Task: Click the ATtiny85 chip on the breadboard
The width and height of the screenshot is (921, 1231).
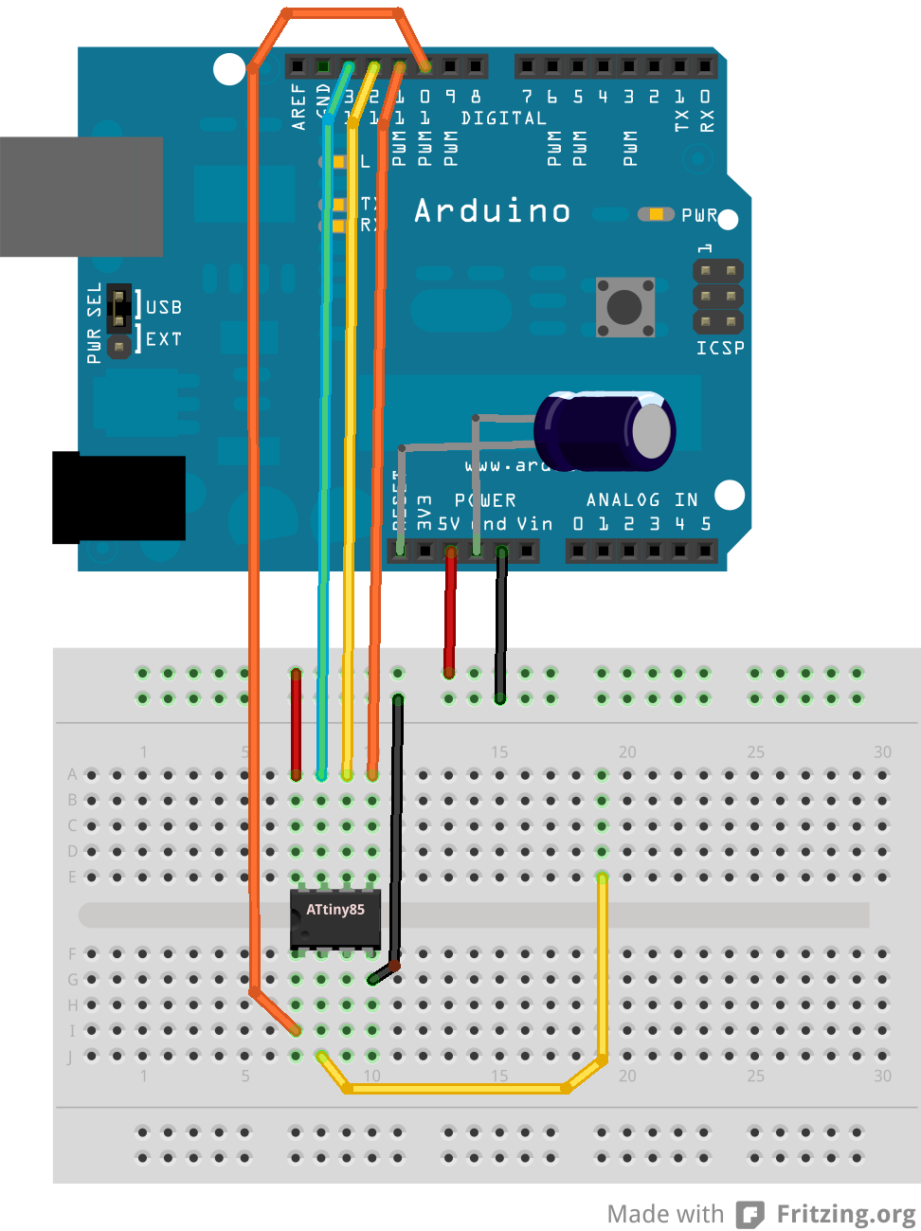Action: pos(335,917)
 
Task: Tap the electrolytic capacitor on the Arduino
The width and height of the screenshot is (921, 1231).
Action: pos(606,431)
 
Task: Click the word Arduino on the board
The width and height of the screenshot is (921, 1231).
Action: pos(493,210)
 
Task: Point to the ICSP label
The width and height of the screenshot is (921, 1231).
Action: pos(720,348)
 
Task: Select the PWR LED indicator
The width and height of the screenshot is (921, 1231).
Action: pos(655,214)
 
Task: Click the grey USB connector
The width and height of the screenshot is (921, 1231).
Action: pos(81,196)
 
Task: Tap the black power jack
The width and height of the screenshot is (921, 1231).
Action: pos(118,498)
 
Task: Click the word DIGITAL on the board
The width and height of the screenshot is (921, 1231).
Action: pos(503,118)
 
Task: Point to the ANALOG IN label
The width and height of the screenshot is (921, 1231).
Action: pos(641,499)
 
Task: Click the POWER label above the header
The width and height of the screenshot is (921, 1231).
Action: pos(485,499)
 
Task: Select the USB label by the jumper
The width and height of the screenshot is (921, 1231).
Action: pos(164,307)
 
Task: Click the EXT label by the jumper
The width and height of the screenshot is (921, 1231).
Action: pos(164,338)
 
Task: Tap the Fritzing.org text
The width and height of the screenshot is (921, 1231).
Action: pos(845,1214)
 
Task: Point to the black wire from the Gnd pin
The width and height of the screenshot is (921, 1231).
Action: pos(501,625)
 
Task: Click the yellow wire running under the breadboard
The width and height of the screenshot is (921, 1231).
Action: pos(455,1089)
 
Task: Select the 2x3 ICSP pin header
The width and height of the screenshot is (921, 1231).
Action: pos(718,297)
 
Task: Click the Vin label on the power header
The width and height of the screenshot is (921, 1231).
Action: pos(534,523)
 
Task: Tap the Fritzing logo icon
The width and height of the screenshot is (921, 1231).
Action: pos(750,1214)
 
